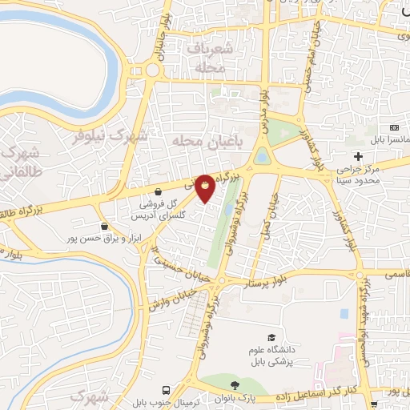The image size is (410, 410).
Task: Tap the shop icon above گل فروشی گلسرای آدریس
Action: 159,192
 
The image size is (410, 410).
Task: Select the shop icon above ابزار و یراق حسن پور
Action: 105,227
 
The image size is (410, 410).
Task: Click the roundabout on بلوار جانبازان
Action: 152,70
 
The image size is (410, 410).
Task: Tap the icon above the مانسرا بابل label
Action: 393,128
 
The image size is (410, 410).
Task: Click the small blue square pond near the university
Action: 344,312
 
